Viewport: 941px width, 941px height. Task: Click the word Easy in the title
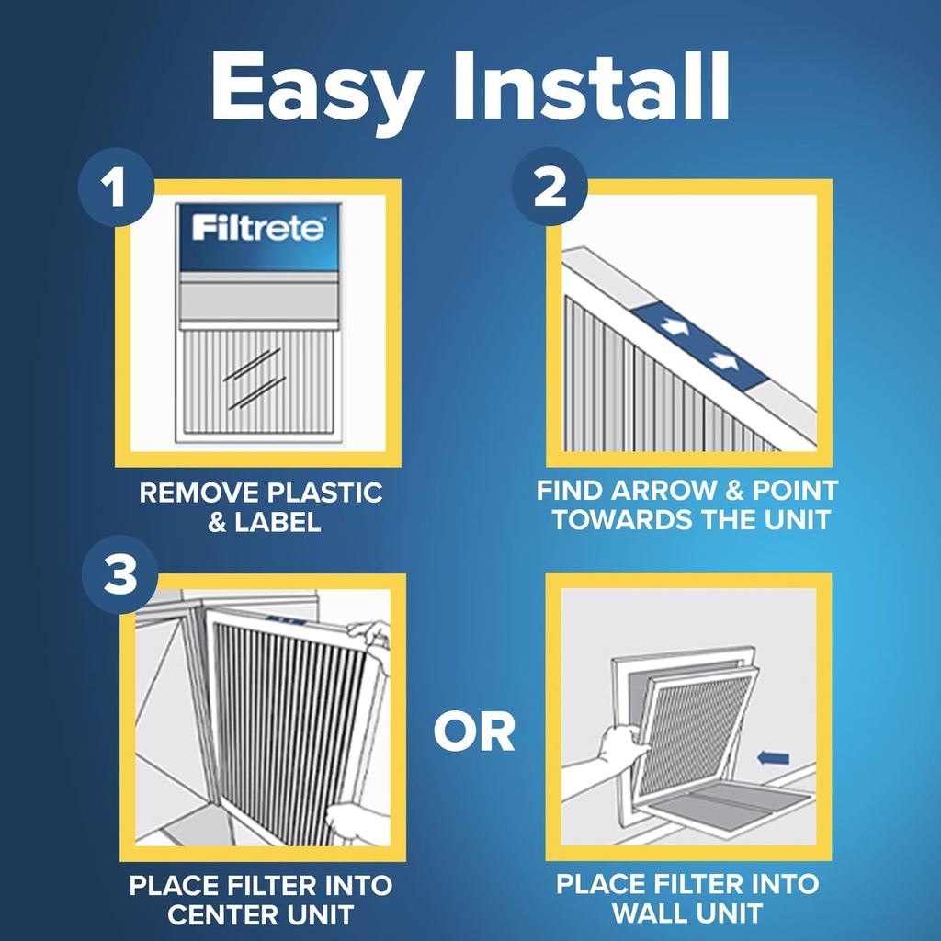pyautogui.click(x=317, y=86)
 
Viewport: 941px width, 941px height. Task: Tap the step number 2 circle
pyautogui.click(x=550, y=188)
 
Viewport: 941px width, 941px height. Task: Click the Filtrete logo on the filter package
pyautogui.click(x=258, y=228)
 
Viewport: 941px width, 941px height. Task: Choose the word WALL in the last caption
pyautogui.click(x=649, y=913)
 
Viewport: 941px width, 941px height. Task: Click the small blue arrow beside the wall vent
pyautogui.click(x=775, y=758)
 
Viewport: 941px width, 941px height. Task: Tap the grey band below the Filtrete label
pyautogui.click(x=258, y=300)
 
